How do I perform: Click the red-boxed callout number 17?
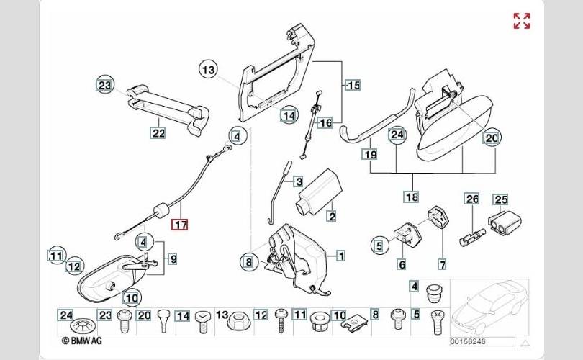point(179,225)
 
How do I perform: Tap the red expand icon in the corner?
point(521,21)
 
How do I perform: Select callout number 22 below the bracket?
point(158,132)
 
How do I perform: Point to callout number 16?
point(325,123)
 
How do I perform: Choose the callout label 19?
point(370,154)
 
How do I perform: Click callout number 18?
point(411,196)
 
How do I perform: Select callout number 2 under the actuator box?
point(332,215)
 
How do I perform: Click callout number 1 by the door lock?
point(340,255)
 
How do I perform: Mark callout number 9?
point(172,257)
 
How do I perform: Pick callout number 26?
point(471,199)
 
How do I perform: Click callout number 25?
point(500,199)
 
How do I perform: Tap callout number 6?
point(402,264)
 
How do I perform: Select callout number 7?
point(442,264)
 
